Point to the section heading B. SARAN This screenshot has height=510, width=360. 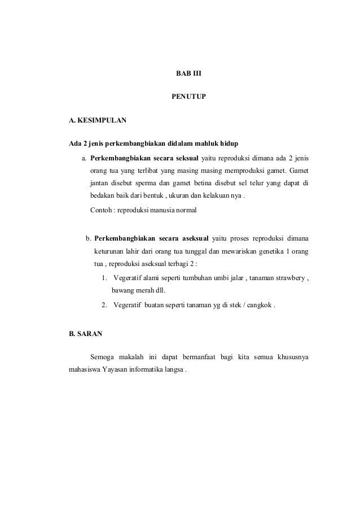pos(85,334)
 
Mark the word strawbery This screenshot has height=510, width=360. pos(287,277)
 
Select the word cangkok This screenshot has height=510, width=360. pos(257,306)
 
